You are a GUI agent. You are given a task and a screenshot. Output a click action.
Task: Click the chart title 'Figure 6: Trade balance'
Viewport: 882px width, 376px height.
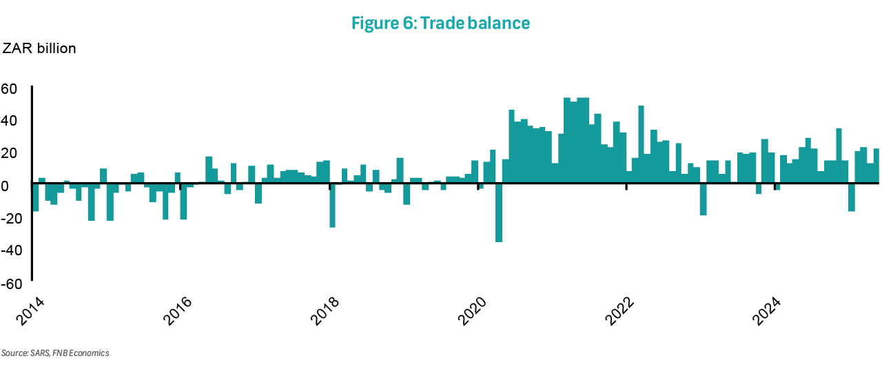440,23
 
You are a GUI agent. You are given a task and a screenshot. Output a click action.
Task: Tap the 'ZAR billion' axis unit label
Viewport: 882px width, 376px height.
39,49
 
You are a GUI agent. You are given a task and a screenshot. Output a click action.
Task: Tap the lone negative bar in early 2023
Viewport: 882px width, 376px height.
704,199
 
